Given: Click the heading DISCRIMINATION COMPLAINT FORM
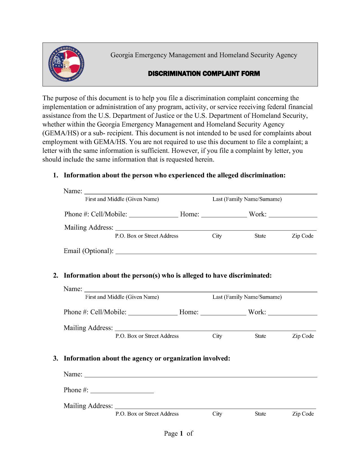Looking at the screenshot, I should (x=204, y=74).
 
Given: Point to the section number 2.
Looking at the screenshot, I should (x=56, y=275).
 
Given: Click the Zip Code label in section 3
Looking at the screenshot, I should (x=303, y=414).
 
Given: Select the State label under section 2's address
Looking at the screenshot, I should (x=260, y=336).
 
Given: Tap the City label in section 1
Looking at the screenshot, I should (x=217, y=236).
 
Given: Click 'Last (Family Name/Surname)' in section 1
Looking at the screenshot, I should (x=247, y=199).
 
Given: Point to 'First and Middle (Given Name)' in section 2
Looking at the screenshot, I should (x=122, y=297).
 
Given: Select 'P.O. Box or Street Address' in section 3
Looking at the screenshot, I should (x=147, y=414).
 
